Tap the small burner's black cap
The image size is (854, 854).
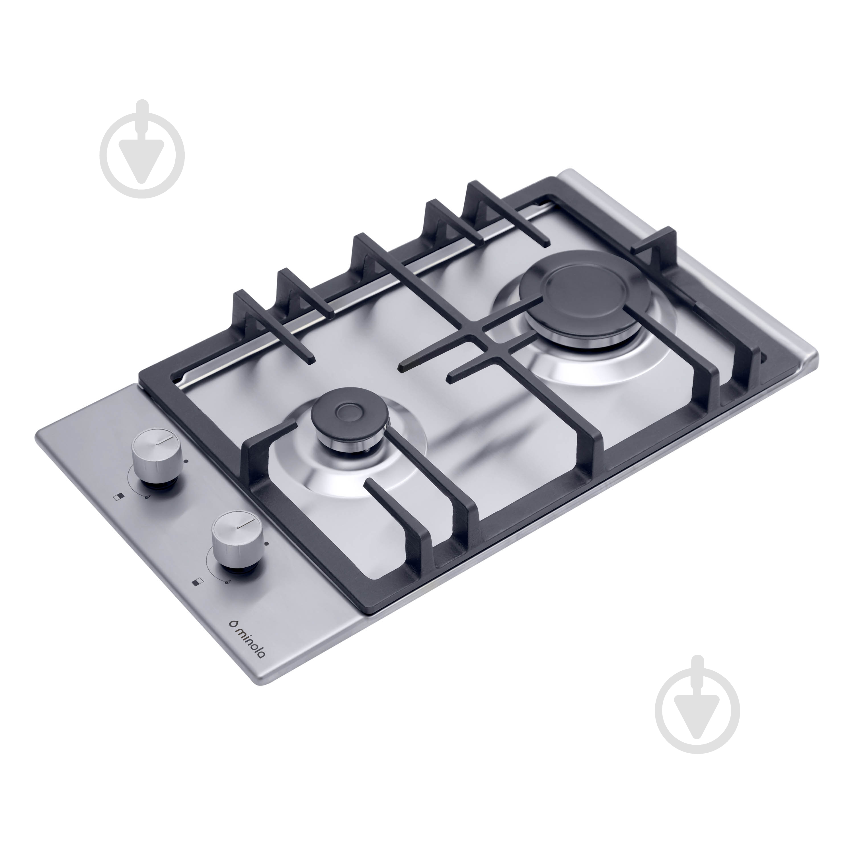tap(349, 414)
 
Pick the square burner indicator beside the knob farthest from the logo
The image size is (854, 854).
tap(118, 496)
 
